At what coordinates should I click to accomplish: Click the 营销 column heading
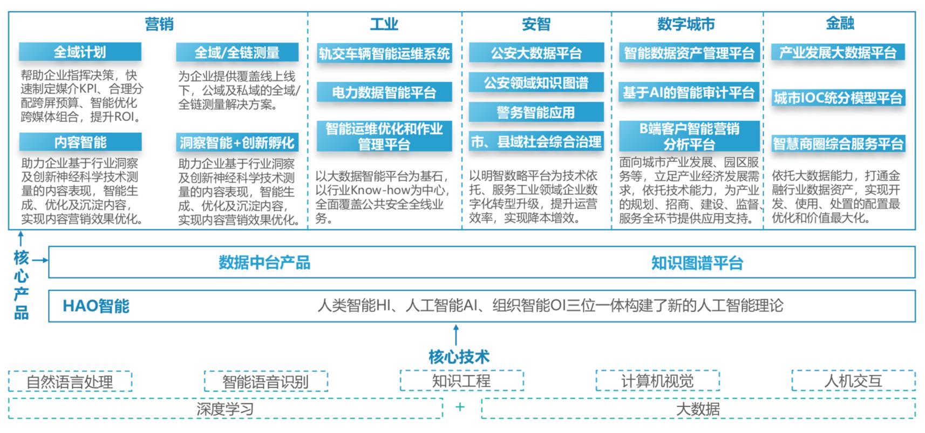click(159, 24)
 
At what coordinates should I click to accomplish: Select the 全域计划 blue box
click(80, 52)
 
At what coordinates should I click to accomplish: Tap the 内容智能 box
click(80, 142)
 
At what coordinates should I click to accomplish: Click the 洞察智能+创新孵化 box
click(237, 143)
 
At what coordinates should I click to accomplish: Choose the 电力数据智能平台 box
click(384, 92)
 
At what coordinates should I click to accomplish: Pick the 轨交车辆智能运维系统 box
click(384, 53)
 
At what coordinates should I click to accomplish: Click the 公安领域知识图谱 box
click(536, 83)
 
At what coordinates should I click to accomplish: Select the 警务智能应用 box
click(536, 112)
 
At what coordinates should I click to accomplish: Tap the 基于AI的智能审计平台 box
click(689, 92)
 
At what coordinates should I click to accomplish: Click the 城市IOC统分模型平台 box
click(838, 98)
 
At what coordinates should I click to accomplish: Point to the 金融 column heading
click(840, 23)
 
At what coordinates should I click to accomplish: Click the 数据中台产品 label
click(264, 263)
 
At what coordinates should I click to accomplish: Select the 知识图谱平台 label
click(697, 263)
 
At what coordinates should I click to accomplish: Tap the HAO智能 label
click(96, 306)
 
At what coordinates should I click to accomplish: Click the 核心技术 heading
click(459, 356)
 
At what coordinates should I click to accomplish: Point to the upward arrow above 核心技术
click(456, 335)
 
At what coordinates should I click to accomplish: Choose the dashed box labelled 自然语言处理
click(70, 381)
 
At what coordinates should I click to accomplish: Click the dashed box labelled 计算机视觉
click(657, 381)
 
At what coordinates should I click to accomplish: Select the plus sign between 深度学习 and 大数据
click(460, 407)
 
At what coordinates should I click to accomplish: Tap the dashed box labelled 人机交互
click(854, 381)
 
